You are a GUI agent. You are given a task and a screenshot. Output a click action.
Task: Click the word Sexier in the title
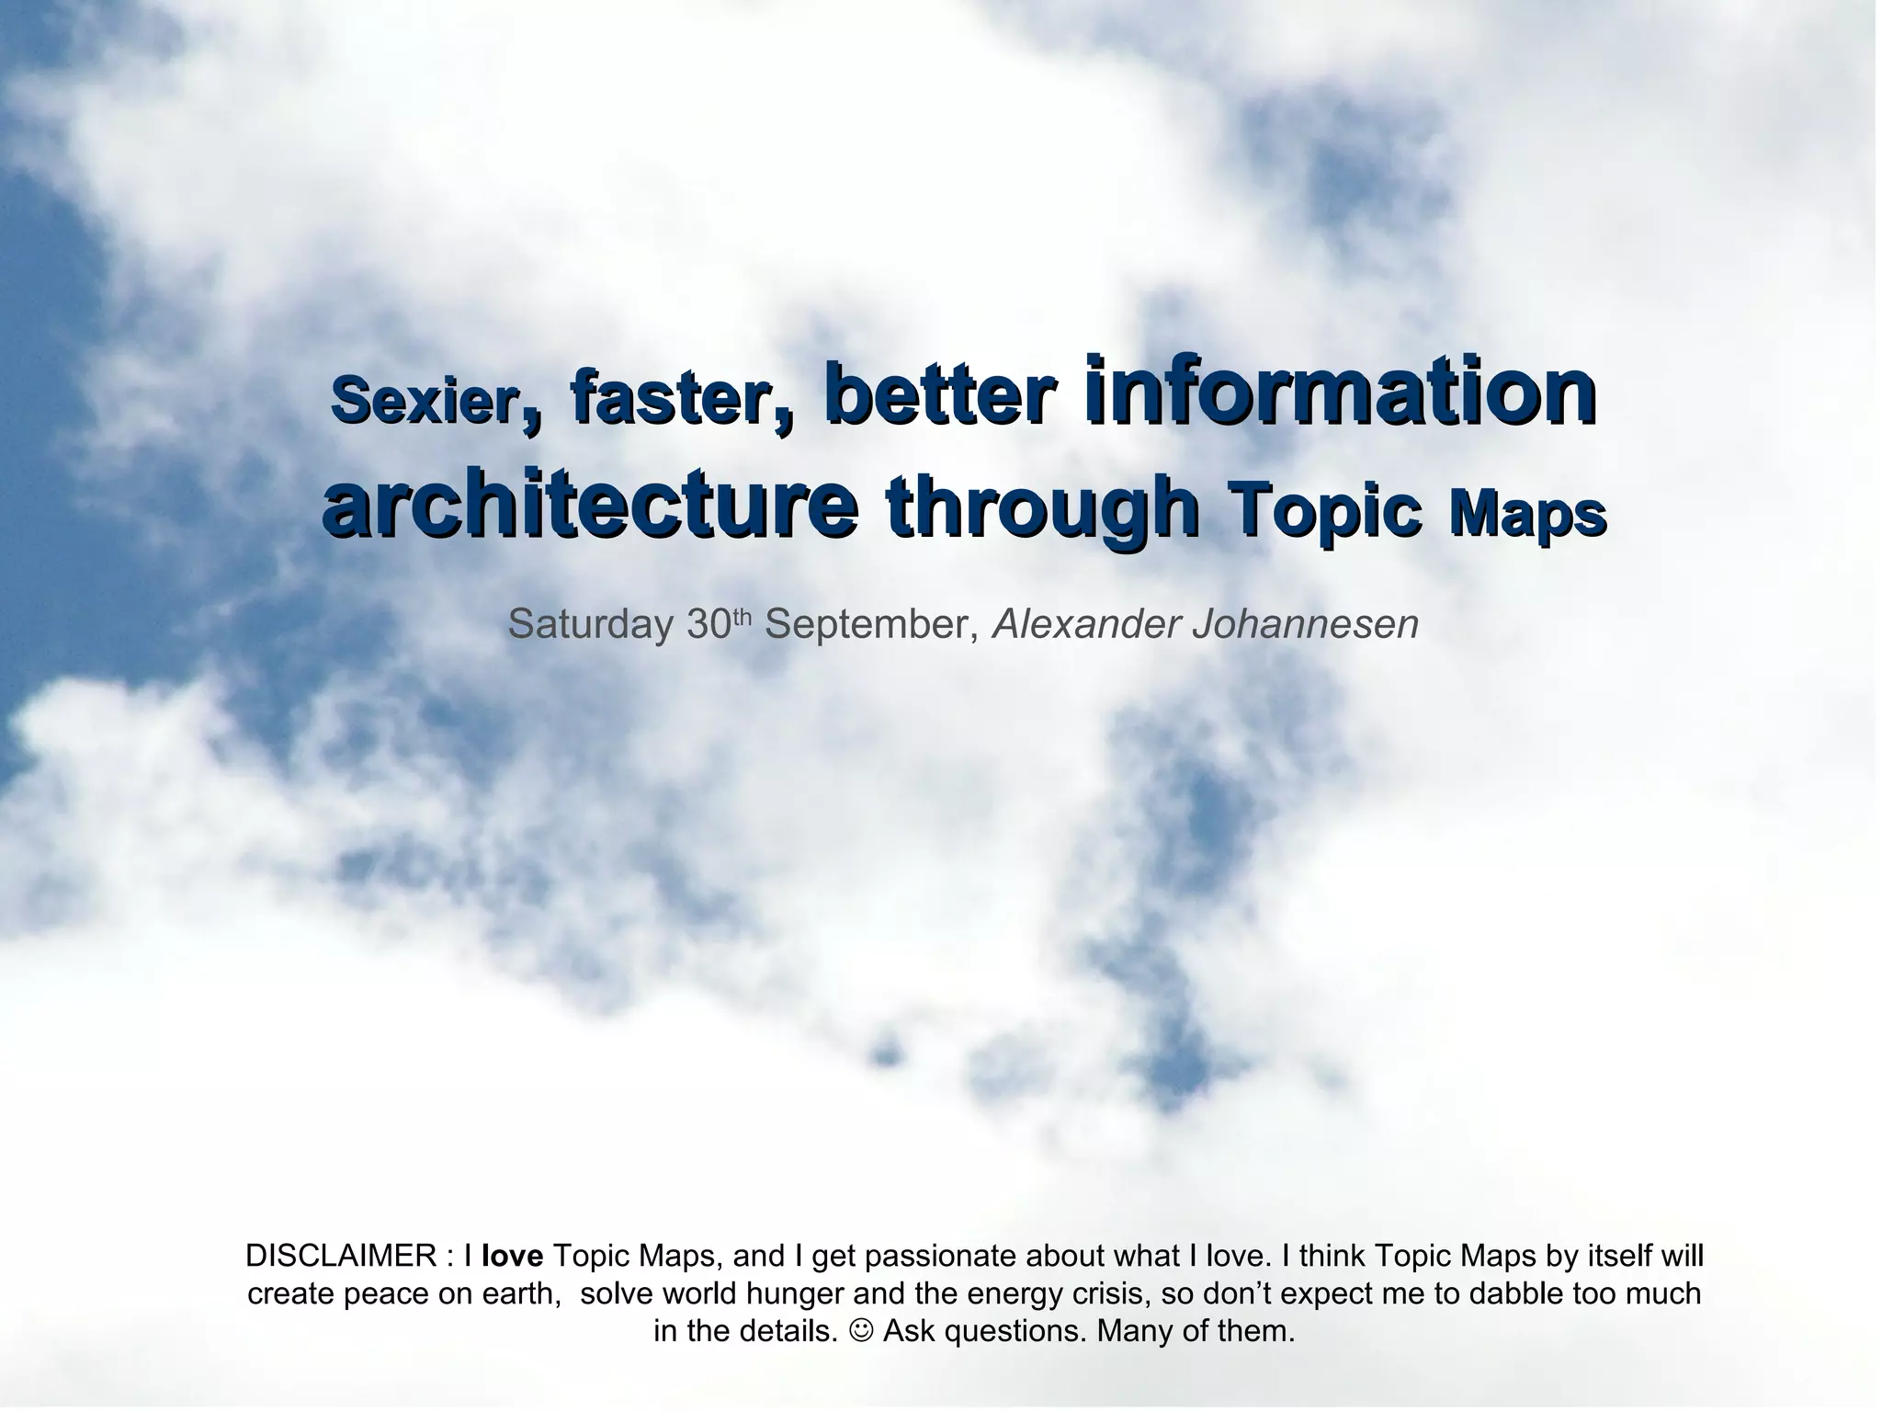(x=425, y=401)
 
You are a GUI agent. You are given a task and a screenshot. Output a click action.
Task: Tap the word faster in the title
(x=671, y=399)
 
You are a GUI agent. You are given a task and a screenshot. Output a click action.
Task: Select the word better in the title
(x=939, y=393)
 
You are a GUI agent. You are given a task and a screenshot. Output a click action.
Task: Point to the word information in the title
(x=1340, y=389)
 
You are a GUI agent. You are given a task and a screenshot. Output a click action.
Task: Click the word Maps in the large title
(x=1527, y=514)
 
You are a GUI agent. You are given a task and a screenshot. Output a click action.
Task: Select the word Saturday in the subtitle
(x=591, y=625)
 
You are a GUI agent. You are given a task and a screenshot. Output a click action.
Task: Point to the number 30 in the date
(x=709, y=625)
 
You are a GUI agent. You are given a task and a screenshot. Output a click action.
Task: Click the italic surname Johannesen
(x=1305, y=625)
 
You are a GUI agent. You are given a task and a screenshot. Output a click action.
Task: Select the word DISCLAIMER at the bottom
(x=341, y=1256)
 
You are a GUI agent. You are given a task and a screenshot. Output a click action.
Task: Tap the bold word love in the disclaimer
(x=512, y=1256)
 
